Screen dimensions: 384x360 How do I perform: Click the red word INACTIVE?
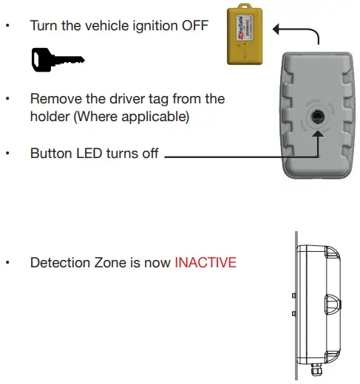pyautogui.click(x=206, y=262)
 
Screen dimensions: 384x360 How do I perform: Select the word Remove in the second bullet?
pyautogui.click(x=52, y=98)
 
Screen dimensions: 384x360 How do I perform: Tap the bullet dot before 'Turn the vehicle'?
pyautogui.click(x=7, y=25)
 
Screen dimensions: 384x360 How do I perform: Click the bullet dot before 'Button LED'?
pyautogui.click(x=7, y=154)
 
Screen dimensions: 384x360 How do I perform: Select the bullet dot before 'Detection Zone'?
pyautogui.click(x=7, y=262)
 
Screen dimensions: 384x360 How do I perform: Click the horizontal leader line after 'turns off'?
pyautogui.click(x=237, y=156)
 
